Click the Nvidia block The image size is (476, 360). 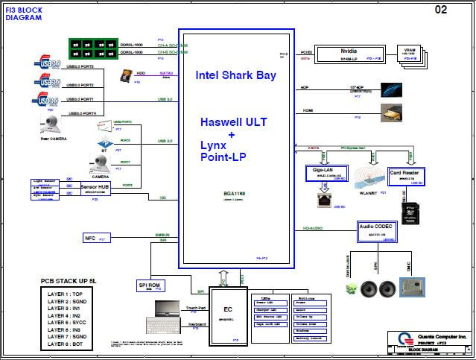pos(346,54)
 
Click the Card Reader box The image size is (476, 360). pos(407,176)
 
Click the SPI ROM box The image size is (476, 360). pos(154,286)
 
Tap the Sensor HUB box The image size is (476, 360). pos(95,189)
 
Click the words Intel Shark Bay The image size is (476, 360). pos(235,75)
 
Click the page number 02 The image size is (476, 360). pos(440,10)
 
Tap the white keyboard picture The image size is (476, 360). pos(166,326)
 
